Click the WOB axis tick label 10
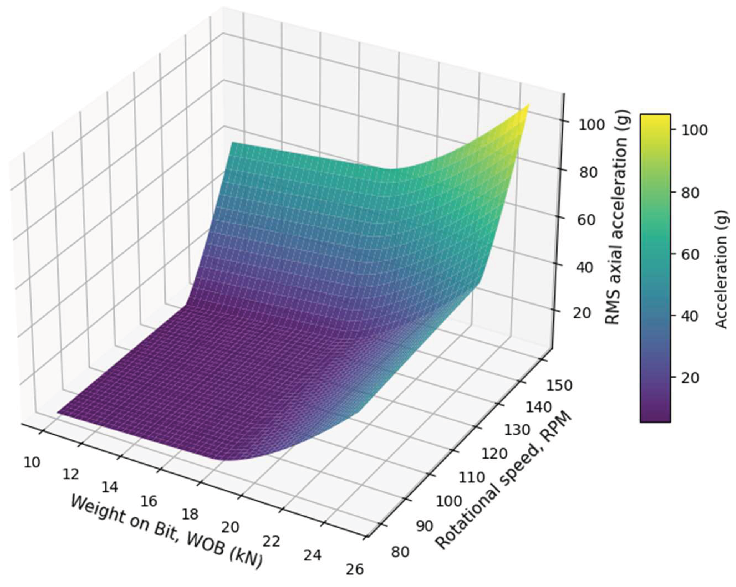[x=32, y=462]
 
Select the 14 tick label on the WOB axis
[x=110, y=488]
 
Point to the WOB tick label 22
[x=271, y=541]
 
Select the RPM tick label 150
[x=559, y=386]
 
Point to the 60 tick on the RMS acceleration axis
[x=587, y=220]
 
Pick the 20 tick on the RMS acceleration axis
[x=582, y=313]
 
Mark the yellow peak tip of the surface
[x=529, y=104]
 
